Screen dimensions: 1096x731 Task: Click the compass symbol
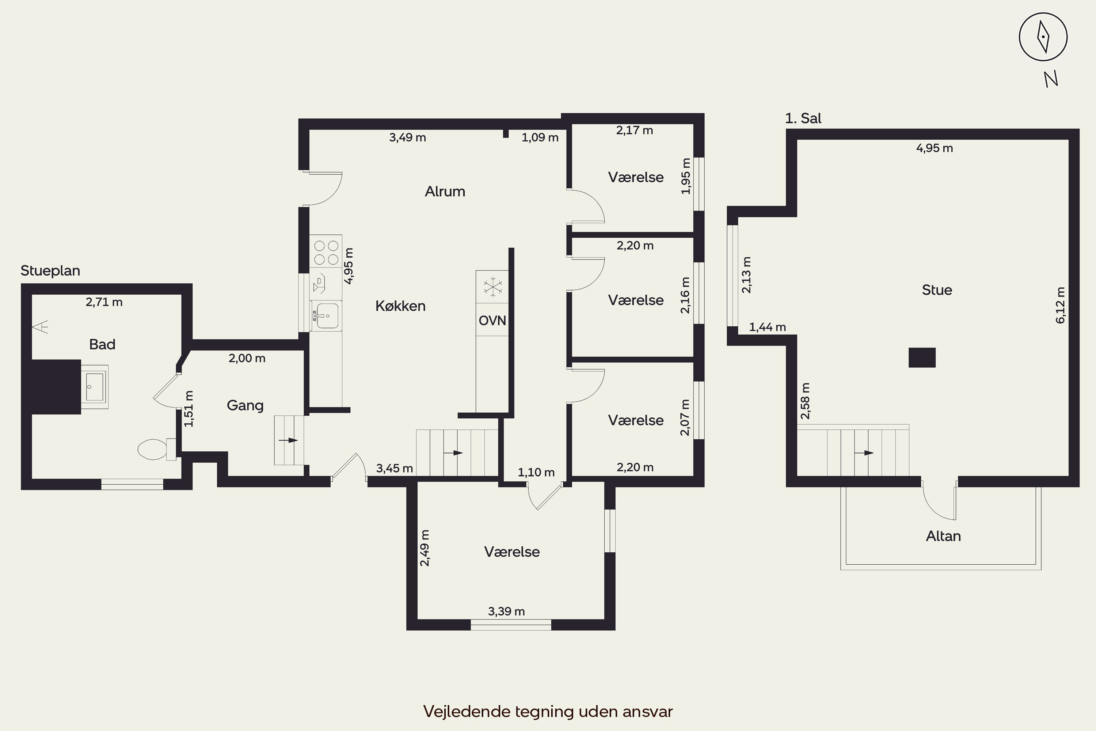[1043, 37]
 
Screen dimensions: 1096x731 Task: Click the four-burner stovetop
[326, 252]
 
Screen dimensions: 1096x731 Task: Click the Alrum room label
[445, 191]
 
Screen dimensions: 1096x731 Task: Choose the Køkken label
[400, 306]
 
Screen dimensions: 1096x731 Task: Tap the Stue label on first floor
[937, 290]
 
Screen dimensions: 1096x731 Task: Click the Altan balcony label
[943, 536]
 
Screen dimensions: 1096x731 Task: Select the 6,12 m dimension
[1060, 305]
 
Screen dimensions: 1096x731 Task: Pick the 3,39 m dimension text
[506, 611]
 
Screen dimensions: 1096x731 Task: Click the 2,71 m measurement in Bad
[104, 302]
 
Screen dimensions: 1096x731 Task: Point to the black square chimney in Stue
[922, 357]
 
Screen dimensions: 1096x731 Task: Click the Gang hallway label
[245, 405]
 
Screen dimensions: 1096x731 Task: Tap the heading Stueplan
[50, 270]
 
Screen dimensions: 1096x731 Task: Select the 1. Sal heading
[803, 118]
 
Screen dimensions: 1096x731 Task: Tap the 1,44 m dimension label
[768, 327]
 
